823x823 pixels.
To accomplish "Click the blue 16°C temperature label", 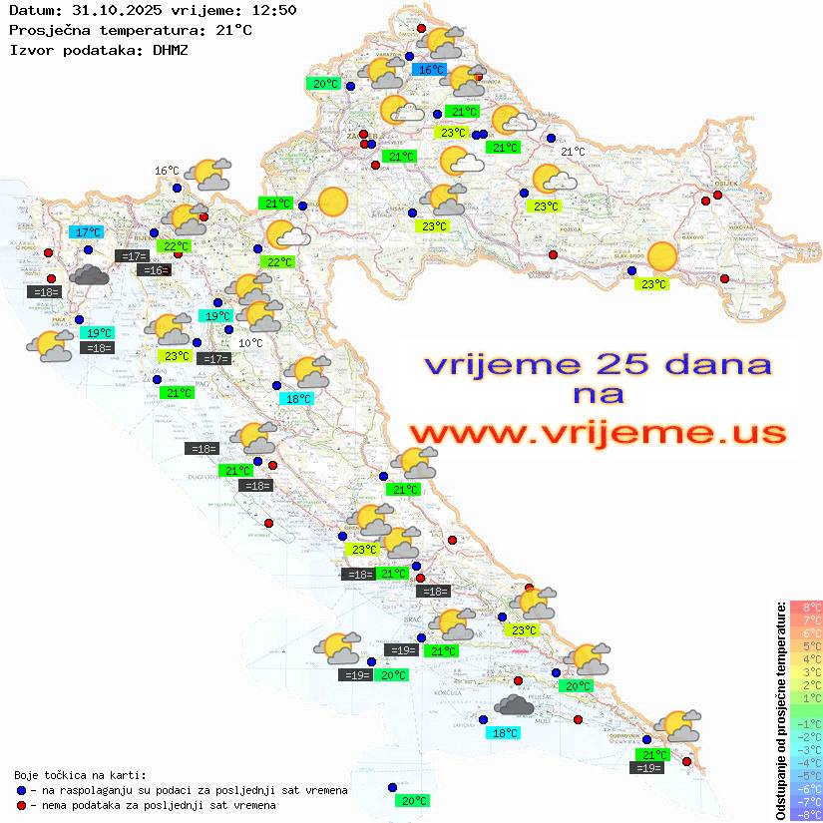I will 429,70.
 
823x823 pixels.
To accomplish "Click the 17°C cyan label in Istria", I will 85,232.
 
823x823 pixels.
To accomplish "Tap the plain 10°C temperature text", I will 251,343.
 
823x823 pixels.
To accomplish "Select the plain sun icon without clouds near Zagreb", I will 332,203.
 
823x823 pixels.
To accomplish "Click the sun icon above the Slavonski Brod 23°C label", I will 661,257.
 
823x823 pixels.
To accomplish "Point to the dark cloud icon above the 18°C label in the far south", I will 515,706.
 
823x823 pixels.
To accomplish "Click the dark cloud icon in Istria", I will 91,274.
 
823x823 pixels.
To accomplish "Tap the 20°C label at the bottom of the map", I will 414,801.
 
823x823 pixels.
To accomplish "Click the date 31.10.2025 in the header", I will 111,10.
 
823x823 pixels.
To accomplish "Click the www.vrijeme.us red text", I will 598,433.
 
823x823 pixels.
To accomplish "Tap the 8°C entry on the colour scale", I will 805,607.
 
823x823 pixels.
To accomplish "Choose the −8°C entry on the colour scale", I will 805,814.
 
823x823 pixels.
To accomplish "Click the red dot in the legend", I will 21,805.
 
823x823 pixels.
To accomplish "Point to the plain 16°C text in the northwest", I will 167,171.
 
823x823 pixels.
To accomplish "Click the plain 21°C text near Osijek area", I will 573,152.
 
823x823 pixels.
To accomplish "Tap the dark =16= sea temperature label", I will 154,270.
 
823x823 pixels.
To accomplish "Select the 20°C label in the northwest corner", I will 325,84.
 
